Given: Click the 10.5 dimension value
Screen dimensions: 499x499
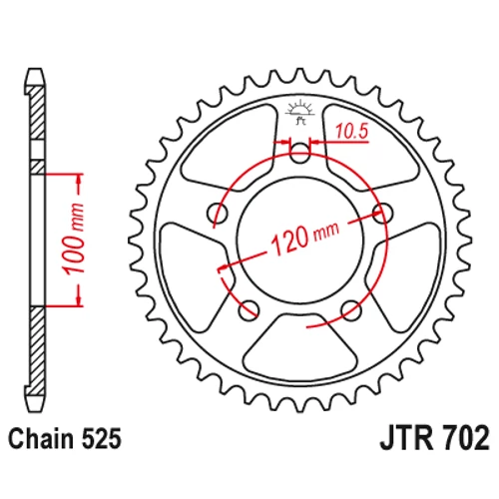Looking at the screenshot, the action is tap(351, 131).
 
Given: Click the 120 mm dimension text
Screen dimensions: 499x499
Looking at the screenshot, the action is tap(305, 237).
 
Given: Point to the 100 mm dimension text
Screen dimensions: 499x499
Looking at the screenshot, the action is tap(74, 239).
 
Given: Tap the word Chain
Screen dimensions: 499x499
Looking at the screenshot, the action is tap(41, 439).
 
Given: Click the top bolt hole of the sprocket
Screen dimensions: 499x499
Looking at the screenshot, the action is tap(299, 153).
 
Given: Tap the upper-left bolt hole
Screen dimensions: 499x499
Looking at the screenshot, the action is tap(218, 213).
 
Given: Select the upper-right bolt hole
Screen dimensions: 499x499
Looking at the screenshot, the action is tap(382, 213).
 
